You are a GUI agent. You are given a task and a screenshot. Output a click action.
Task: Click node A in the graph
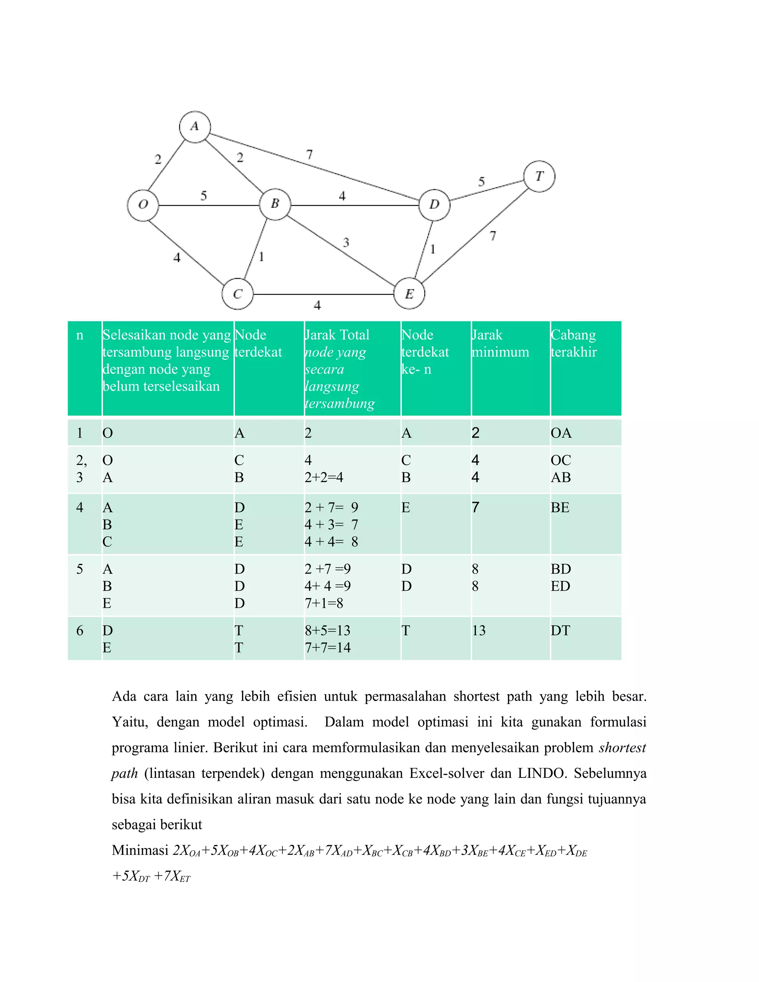coord(195,127)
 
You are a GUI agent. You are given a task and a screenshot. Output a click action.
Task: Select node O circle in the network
coord(143,205)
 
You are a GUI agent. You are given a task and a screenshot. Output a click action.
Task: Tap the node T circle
coord(539,176)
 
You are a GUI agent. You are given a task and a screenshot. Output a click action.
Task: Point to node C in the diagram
coord(238,294)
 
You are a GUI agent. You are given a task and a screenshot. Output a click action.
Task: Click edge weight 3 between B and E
coord(346,243)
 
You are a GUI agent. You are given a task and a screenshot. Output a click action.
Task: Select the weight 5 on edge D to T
coord(481,182)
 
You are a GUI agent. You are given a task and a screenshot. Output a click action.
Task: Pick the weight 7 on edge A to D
coord(309,155)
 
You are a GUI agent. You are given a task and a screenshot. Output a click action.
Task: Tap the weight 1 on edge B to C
coord(261,257)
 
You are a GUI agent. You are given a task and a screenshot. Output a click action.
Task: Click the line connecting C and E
coord(324,295)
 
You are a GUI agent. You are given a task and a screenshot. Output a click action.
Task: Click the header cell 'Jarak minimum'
coord(500,344)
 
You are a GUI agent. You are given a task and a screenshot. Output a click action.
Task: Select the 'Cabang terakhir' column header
coord(574,344)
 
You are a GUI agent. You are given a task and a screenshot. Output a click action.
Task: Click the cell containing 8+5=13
coord(327,630)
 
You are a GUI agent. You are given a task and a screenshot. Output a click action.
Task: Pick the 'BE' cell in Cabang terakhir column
coord(560,508)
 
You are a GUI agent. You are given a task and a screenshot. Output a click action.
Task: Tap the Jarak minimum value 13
coord(478,630)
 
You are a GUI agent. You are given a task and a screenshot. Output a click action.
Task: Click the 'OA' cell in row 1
coord(561,433)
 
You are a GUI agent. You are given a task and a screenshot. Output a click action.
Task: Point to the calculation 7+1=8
coord(324,603)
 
